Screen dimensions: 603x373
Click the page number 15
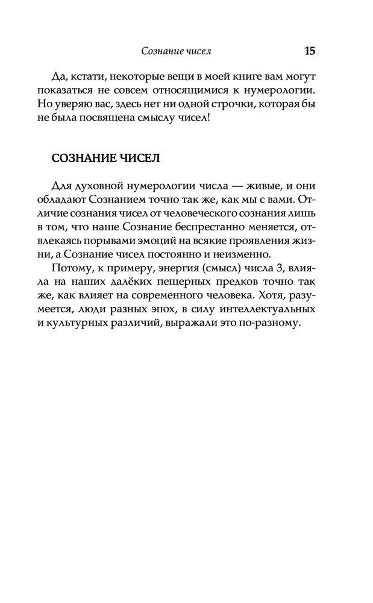coord(310,51)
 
